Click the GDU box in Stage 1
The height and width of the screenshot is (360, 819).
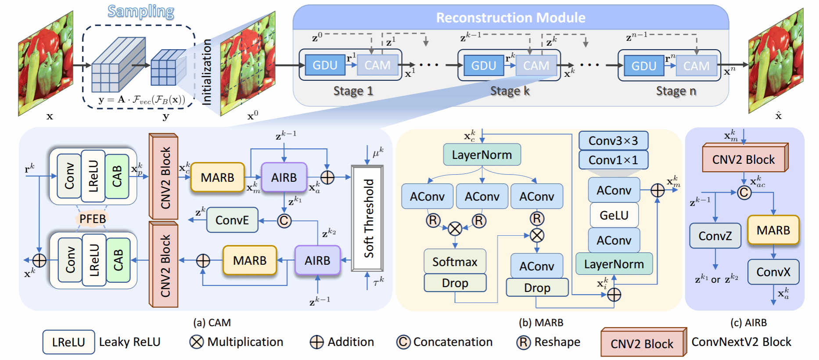point(325,65)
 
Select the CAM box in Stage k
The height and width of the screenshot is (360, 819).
point(536,65)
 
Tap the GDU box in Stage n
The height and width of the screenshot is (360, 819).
point(643,66)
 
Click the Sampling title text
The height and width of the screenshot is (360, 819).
point(141,11)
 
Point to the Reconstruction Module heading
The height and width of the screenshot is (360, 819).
point(510,18)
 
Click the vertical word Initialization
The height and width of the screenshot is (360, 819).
point(206,72)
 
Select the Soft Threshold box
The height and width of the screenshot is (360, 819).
point(368,218)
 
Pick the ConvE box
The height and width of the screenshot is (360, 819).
point(232,220)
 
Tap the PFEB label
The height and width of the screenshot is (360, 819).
point(93,219)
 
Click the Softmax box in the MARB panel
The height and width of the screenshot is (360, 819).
point(455,262)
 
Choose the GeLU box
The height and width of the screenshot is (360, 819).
point(614,215)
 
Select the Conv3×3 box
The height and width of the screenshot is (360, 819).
point(613,141)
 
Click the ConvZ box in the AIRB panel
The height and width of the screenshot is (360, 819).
point(715,236)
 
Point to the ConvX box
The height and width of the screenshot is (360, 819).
point(773,272)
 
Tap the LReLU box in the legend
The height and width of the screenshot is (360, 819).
point(68,342)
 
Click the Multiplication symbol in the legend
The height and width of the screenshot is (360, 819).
point(197,342)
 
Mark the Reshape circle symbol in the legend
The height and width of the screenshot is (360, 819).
point(523,342)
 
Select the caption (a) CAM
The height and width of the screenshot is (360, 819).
point(212,323)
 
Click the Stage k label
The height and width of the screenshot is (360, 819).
point(510,91)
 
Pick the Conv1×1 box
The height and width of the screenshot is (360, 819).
point(613,160)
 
